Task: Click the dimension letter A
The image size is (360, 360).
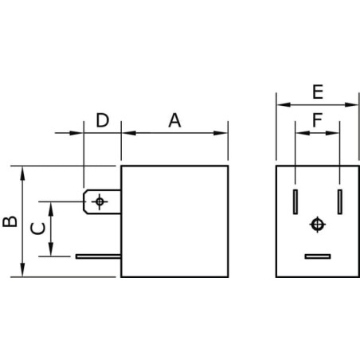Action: click(x=174, y=120)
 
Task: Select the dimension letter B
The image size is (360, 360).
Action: click(x=10, y=221)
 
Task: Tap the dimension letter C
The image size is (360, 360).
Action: click(x=37, y=229)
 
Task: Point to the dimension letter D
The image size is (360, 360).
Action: click(x=103, y=120)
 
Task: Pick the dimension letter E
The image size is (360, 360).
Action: click(x=318, y=92)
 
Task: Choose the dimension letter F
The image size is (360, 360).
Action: click(x=318, y=120)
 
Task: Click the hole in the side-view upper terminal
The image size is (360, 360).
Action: click(x=100, y=202)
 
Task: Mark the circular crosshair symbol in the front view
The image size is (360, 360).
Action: click(x=318, y=225)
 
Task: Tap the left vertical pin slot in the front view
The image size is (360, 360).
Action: click(x=295, y=202)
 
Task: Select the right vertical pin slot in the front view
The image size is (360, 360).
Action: click(x=340, y=202)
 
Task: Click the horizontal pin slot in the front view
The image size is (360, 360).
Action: click(x=318, y=256)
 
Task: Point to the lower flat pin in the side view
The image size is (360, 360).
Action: click(x=98, y=256)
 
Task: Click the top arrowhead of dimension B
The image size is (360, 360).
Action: click(x=22, y=174)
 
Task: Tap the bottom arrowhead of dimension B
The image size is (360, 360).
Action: click(x=22, y=269)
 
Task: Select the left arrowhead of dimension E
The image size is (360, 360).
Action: click(x=284, y=104)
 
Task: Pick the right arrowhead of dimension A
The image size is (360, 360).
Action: click(x=221, y=133)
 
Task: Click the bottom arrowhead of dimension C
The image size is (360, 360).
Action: click(x=51, y=249)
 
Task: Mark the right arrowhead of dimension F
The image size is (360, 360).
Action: click(x=333, y=133)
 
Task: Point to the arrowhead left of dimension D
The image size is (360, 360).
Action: click(x=76, y=133)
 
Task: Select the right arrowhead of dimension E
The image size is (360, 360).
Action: click(x=351, y=104)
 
